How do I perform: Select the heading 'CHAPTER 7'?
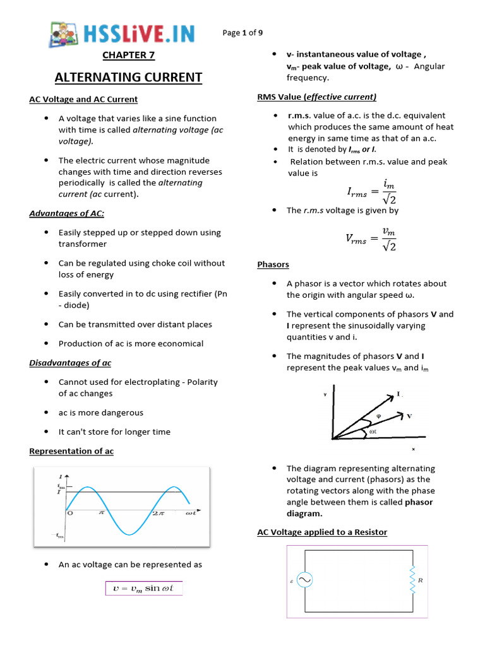click(128, 55)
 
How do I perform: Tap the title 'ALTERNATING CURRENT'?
click(128, 78)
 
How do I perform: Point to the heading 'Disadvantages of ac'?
click(70, 363)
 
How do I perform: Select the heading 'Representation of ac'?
click(71, 451)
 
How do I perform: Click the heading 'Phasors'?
click(273, 264)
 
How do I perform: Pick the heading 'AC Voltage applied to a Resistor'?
click(322, 532)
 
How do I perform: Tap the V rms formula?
click(371, 238)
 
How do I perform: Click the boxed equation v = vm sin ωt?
click(144, 589)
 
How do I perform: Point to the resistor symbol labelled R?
click(413, 580)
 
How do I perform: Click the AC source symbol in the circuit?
click(303, 580)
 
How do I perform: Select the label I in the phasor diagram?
click(398, 394)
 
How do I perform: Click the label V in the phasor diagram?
click(409, 416)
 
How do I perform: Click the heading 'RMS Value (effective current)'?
click(316, 97)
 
